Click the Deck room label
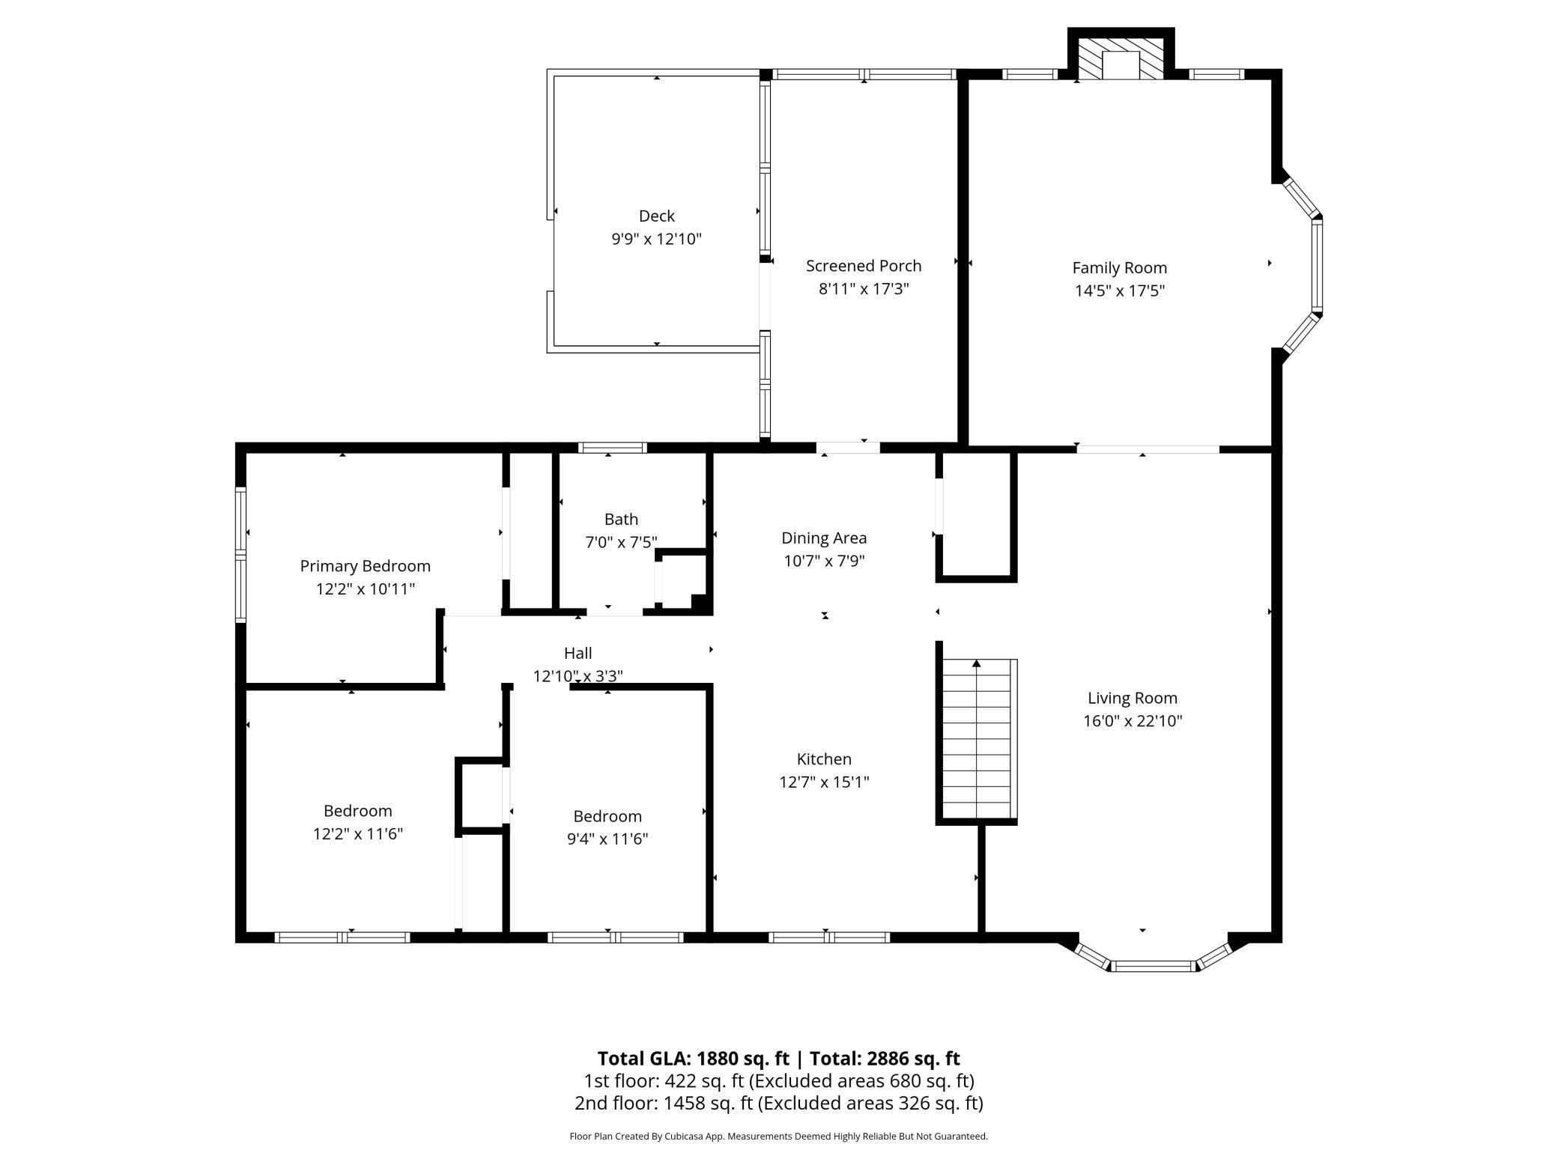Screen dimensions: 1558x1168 pos(656,216)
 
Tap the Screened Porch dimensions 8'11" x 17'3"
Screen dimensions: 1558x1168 pos(864,289)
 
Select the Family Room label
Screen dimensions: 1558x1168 pos(1119,267)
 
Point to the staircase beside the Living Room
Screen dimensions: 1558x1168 pos(977,739)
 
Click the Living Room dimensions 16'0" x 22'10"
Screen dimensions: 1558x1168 pos(1133,721)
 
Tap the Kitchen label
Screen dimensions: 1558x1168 pos(824,758)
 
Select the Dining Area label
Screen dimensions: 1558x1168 pos(824,538)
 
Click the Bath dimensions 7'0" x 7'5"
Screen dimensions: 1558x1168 pos(621,542)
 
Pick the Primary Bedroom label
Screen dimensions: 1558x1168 pos(366,566)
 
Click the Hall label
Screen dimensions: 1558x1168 pos(578,653)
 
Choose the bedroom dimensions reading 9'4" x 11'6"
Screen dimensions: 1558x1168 pos(607,839)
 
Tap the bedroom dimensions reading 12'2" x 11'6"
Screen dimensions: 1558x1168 pos(358,833)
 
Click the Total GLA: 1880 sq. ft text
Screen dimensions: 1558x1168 pos(694,1058)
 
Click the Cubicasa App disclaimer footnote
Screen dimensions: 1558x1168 pos(779,1136)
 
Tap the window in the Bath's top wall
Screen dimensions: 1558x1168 pos(613,448)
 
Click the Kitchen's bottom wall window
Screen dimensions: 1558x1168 pos(829,937)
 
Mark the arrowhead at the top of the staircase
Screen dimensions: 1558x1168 pos(977,663)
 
